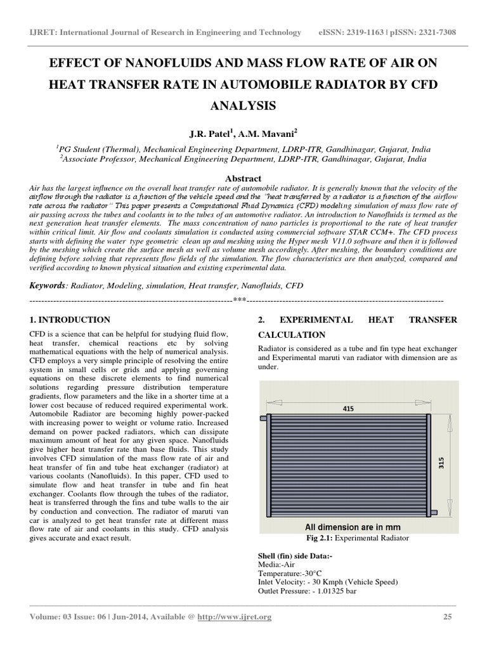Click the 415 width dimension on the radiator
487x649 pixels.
pos(348,409)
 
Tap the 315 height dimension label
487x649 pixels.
pos(440,464)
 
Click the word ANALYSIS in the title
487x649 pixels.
pos(243,106)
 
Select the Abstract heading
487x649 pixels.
pos(243,179)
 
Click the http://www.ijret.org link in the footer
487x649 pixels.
pos(234,617)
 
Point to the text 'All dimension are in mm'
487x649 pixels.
pos(352,527)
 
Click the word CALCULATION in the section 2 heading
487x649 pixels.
pos(292,335)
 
